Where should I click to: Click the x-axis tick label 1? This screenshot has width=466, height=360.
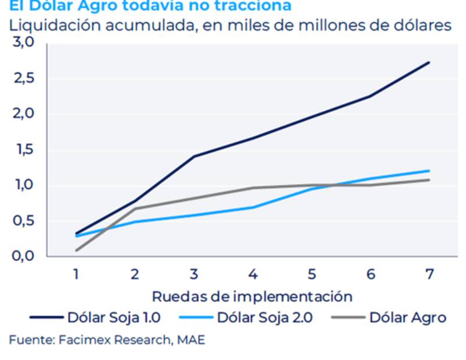click(x=76, y=274)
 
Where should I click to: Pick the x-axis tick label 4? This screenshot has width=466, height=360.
click(x=253, y=274)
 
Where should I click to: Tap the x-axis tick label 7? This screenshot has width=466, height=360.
click(x=429, y=274)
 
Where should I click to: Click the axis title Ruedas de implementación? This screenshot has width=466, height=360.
click(x=252, y=296)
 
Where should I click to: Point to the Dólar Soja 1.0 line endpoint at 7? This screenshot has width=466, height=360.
click(x=429, y=62)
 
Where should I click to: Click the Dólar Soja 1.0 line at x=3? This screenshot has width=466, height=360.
click(x=194, y=156)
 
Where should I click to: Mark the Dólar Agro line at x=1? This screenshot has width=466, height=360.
click(x=76, y=250)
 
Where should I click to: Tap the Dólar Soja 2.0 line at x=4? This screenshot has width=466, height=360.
click(x=253, y=207)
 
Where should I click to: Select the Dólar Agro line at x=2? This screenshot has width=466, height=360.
click(x=135, y=209)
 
